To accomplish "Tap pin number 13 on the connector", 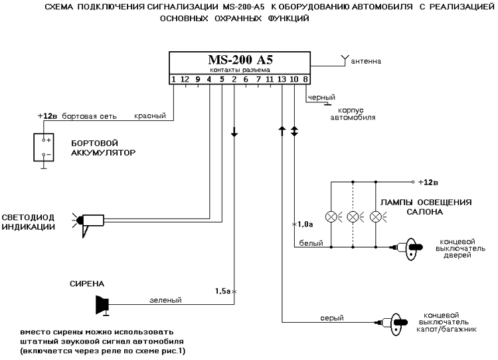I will (282, 79).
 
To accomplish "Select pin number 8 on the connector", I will (305, 79).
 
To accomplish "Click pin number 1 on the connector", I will (173, 79).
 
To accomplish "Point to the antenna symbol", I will (343, 60).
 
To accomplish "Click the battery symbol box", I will (44, 147).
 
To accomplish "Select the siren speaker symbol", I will (102, 304).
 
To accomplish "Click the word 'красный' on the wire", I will (150, 116).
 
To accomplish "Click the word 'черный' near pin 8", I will (321, 97).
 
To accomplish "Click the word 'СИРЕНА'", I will (85, 283).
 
